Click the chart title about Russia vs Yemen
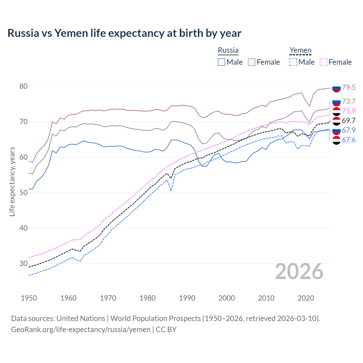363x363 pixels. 124,33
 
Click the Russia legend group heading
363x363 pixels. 228,50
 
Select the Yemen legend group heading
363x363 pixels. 300,50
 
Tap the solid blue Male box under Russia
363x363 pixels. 221,62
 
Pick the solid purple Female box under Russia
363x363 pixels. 252,62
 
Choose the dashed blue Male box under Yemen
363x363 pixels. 293,62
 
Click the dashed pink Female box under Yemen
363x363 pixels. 324,62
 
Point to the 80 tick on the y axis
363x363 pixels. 24,86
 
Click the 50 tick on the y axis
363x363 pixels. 24,193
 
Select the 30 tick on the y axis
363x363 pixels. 24,263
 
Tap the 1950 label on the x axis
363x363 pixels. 29,298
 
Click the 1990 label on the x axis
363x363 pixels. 187,298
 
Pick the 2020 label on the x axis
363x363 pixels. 306,298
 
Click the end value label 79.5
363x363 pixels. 349,87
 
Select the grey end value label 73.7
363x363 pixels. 349,101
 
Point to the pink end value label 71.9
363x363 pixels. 349,111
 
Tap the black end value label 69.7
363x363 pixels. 349,121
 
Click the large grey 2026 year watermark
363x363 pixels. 299,271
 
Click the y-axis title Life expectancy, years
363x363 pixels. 12,181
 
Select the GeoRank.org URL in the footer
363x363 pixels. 81,330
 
